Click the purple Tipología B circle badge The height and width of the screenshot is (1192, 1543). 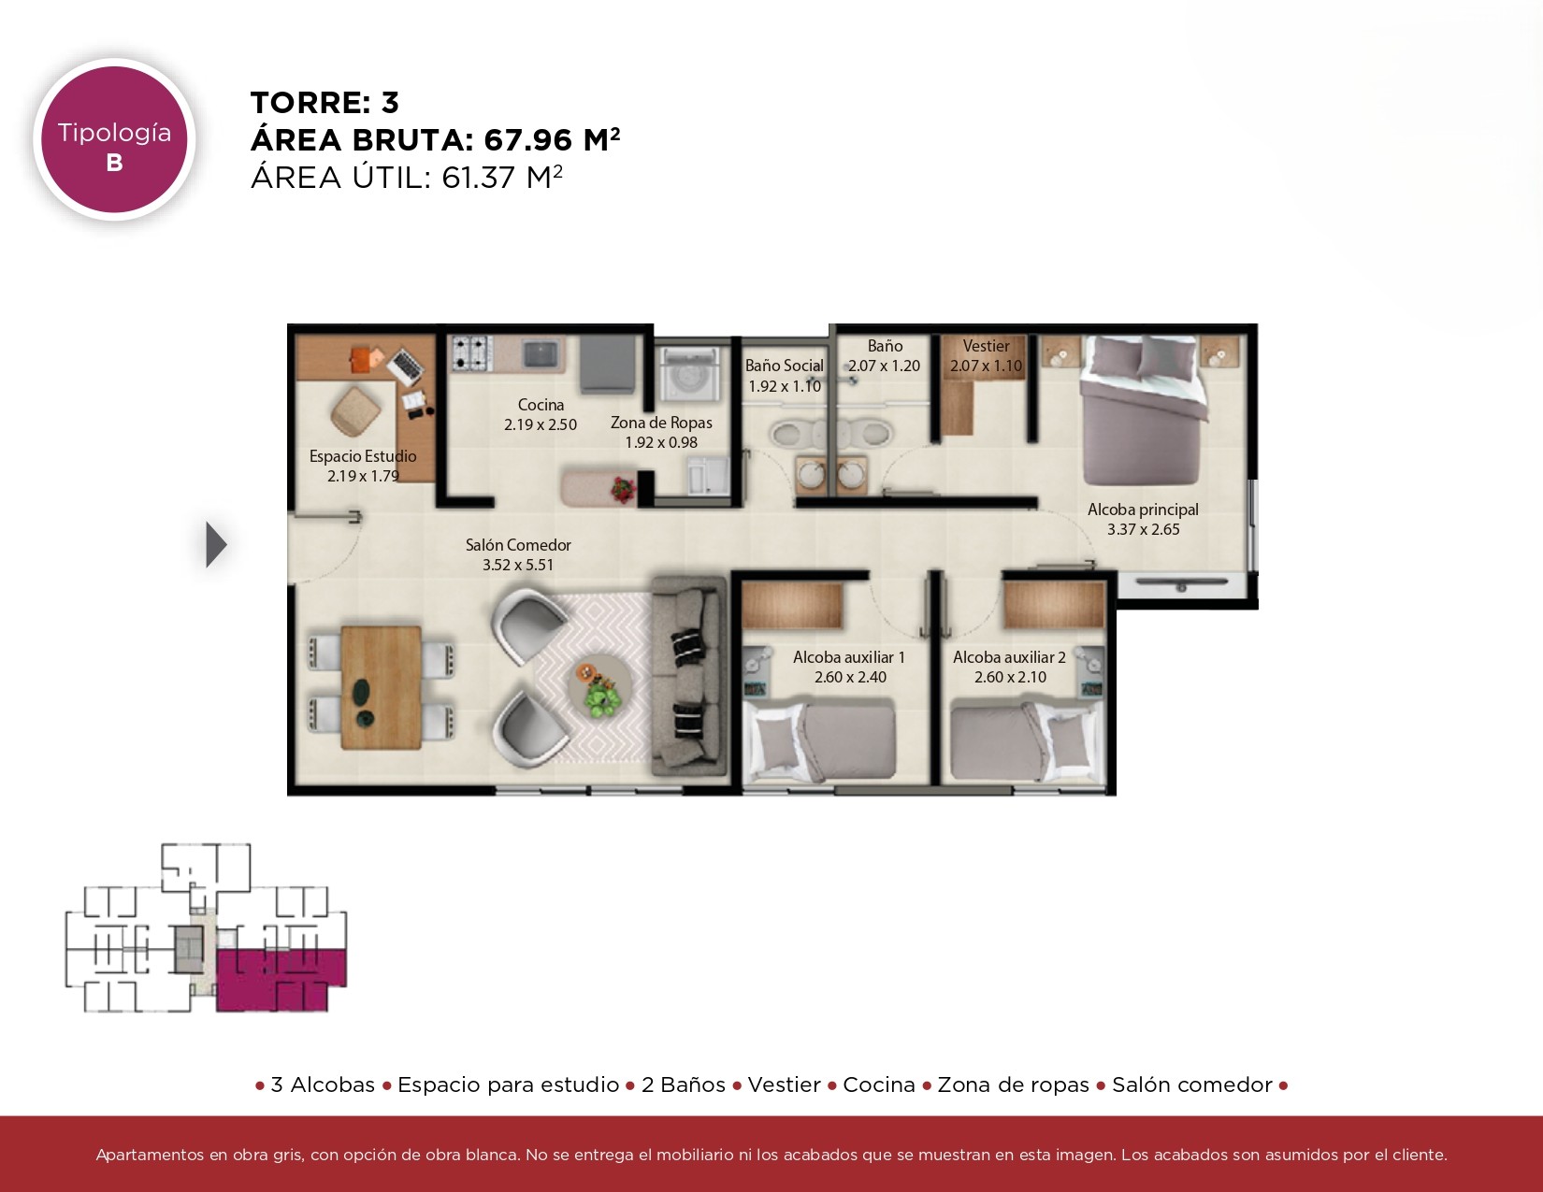click(114, 139)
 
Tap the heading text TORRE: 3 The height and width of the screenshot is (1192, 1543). click(324, 103)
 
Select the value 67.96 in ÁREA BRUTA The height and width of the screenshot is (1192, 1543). click(527, 140)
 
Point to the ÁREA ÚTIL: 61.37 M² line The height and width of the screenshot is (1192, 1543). click(407, 178)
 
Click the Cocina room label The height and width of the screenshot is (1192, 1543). click(541, 405)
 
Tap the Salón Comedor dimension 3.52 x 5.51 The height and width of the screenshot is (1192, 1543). click(518, 565)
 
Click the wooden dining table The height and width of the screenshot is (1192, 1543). click(382, 687)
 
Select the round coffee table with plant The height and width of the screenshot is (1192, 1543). click(600, 686)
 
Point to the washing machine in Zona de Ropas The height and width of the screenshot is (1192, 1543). click(686, 373)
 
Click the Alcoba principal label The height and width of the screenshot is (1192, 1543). click(1144, 510)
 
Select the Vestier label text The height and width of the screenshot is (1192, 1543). click(986, 346)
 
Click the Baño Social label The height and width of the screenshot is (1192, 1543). click(784, 366)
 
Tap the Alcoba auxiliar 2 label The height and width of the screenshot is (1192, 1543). click(1009, 657)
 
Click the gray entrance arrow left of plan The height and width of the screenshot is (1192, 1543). click(216, 544)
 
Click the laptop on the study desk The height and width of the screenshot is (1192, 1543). click(406, 366)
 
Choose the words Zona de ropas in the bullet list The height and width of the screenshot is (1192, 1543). click(1013, 1084)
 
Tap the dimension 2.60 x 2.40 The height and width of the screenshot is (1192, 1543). click(850, 677)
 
